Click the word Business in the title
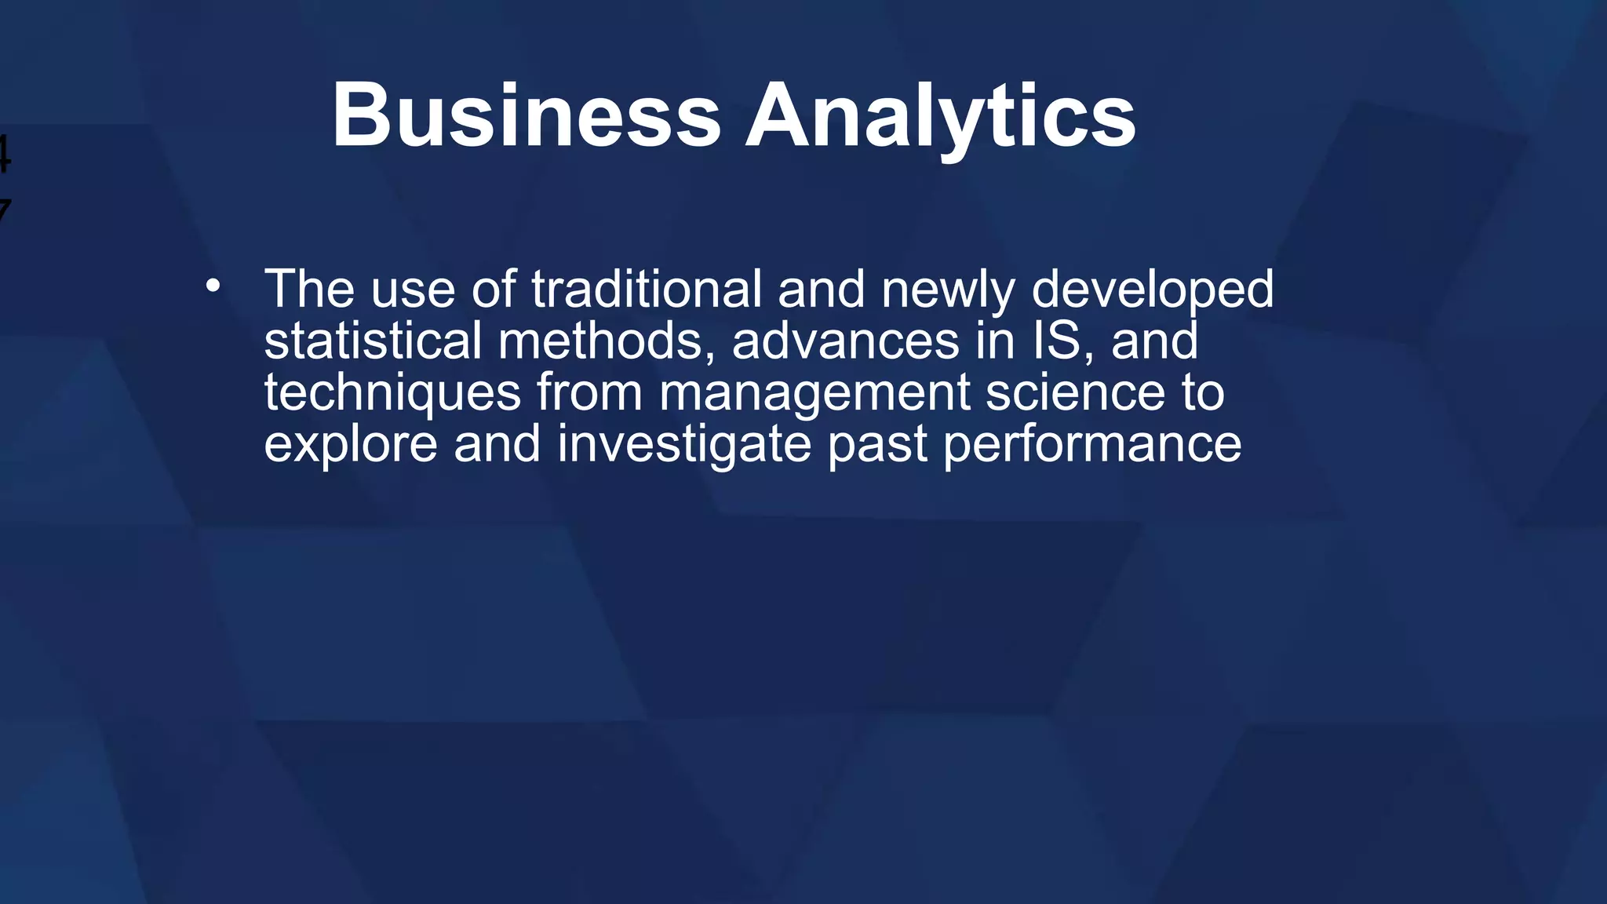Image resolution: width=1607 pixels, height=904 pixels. [x=526, y=115]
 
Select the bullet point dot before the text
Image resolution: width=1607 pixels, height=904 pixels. [x=213, y=286]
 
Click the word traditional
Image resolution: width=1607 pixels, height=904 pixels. [x=647, y=289]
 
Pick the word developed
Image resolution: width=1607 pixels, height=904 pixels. [x=1152, y=290]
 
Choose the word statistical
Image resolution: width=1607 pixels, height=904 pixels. [x=373, y=341]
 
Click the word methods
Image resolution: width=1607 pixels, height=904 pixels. [x=606, y=341]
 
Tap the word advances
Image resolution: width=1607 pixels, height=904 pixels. [x=845, y=341]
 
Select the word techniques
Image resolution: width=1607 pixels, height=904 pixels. [x=392, y=392]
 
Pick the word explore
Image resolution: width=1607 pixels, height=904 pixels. [x=350, y=446]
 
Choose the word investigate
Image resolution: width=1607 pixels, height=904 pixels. [x=683, y=444]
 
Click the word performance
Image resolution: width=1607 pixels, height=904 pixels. [x=1091, y=446]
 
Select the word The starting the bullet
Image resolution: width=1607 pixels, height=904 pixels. [x=309, y=289]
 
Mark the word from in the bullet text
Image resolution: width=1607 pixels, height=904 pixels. [x=589, y=392]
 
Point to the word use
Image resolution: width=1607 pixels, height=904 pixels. [x=413, y=290]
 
